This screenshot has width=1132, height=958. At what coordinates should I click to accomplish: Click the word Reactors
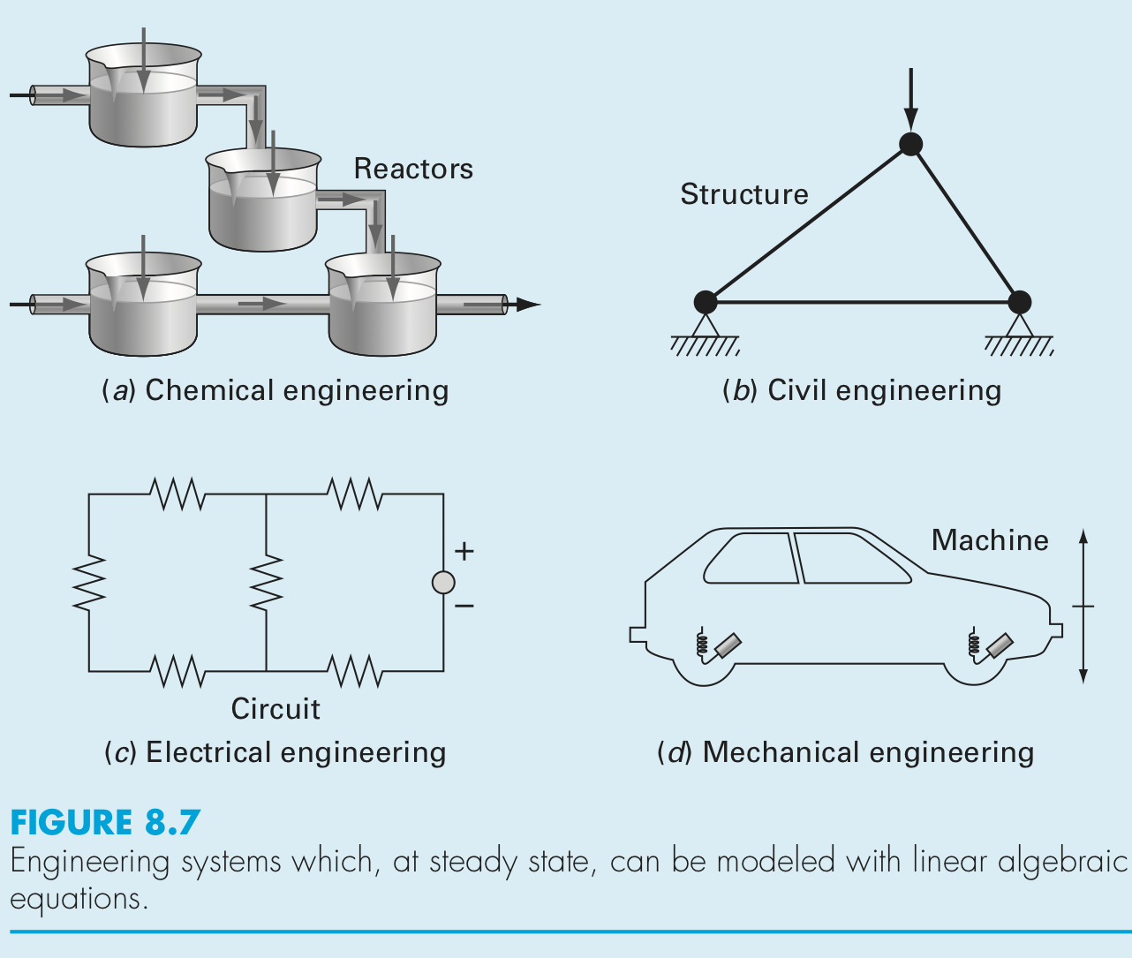click(413, 169)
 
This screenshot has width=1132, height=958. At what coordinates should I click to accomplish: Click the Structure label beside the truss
click(744, 194)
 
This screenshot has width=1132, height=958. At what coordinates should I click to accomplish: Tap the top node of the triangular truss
click(910, 144)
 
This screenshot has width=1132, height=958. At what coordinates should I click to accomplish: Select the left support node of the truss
click(706, 302)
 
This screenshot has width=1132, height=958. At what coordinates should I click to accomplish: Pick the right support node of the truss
click(1019, 302)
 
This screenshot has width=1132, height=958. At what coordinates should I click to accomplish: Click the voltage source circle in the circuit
click(443, 583)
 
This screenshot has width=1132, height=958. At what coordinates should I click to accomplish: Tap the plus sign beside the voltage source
click(464, 552)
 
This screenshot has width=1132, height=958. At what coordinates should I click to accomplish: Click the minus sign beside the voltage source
click(464, 607)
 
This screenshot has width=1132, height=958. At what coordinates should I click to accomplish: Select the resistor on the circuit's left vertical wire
click(89, 583)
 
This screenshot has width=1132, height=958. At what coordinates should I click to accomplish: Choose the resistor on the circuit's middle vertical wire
click(266, 583)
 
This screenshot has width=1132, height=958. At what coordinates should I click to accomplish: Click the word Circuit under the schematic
click(275, 709)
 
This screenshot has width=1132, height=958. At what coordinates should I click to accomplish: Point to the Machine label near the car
click(990, 540)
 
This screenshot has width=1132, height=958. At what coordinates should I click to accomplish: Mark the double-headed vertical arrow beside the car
click(1083, 606)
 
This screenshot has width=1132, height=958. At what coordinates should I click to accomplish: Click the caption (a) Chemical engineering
click(275, 390)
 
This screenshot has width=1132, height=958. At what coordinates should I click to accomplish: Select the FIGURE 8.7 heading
click(105, 823)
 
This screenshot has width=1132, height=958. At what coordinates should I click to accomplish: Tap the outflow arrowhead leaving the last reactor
click(527, 305)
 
